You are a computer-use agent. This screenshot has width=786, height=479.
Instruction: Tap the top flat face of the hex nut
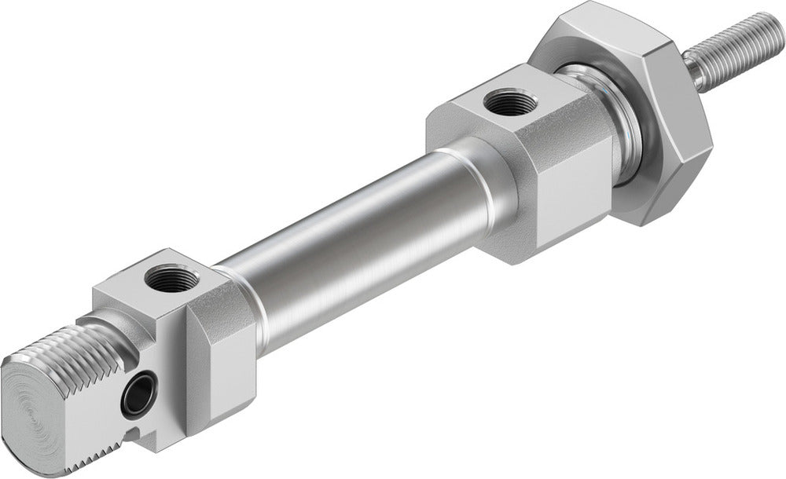(597, 35)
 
